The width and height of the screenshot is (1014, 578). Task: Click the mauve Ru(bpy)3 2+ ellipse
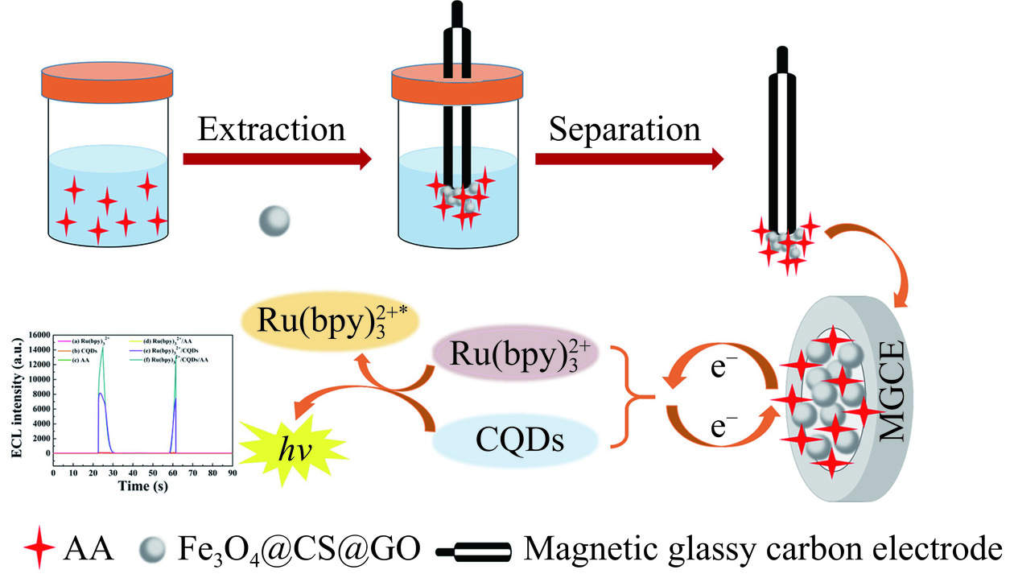tap(516, 355)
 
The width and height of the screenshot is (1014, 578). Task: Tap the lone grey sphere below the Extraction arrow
tap(274, 220)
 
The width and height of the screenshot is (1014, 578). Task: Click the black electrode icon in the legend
tap(472, 552)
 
